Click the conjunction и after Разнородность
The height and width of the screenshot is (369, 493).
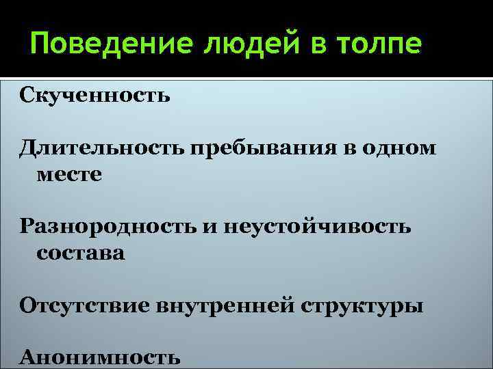(x=207, y=226)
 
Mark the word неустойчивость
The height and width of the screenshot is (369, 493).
(x=316, y=226)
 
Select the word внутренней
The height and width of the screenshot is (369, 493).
(x=223, y=304)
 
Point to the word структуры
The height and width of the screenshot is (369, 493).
(x=362, y=305)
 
